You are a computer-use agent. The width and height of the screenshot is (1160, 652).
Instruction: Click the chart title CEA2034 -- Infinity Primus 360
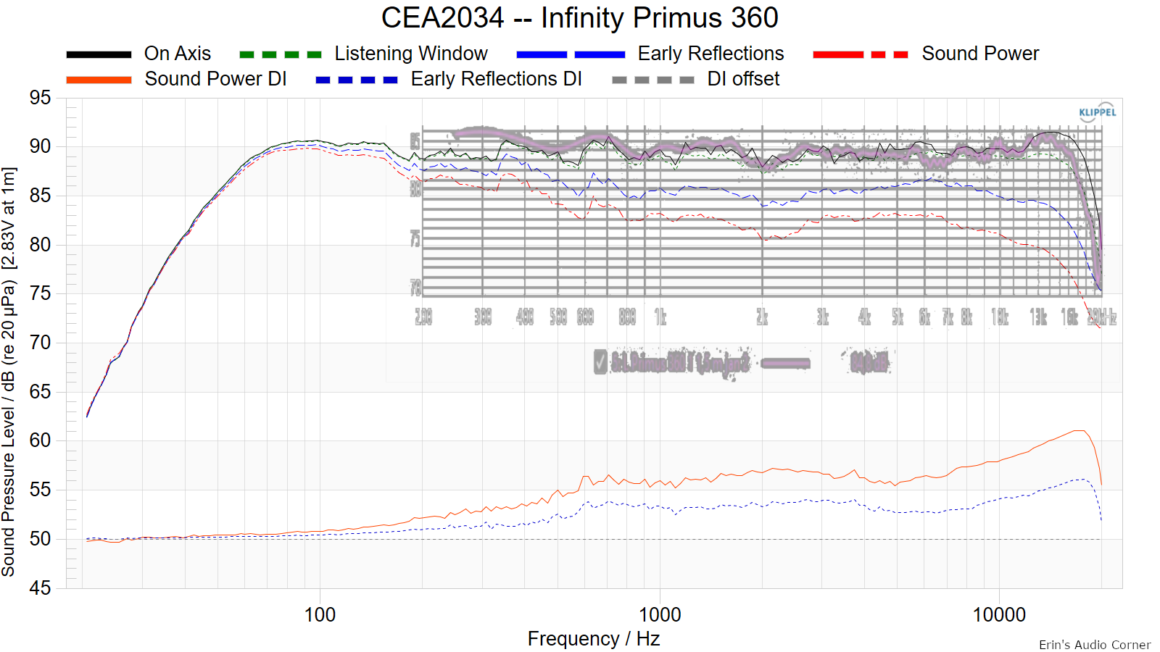(579, 17)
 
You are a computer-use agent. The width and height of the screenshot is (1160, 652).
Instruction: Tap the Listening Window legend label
(410, 54)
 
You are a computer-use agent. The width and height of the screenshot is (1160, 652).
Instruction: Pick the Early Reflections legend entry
(710, 54)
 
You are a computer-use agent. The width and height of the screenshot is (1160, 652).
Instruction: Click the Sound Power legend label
(979, 54)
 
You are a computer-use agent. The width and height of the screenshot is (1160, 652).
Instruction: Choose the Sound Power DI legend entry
(215, 79)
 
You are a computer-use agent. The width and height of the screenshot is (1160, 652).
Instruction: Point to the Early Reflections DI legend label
(496, 79)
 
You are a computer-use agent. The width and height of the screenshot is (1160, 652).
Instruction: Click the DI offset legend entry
(743, 79)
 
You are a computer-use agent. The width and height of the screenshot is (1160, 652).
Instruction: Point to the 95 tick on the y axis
(41, 98)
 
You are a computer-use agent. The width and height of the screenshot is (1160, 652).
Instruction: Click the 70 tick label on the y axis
(41, 343)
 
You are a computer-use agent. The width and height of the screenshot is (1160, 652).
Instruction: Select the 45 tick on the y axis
(41, 588)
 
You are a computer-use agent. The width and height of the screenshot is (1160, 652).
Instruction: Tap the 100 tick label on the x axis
(320, 615)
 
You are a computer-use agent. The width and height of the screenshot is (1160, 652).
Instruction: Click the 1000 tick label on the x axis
(659, 615)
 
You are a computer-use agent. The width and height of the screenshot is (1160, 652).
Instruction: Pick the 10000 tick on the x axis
(998, 615)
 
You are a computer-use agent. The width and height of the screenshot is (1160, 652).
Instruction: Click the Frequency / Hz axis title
(593, 639)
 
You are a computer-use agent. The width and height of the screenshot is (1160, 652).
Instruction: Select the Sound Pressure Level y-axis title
(9, 371)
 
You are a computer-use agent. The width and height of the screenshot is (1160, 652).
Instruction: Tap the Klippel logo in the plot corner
(1097, 112)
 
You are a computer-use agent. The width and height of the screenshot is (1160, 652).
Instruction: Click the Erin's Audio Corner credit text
(1094, 645)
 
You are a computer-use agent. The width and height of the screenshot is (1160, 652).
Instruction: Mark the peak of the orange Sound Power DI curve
(1080, 431)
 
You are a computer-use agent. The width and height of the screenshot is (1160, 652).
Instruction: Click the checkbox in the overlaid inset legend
(600, 361)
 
